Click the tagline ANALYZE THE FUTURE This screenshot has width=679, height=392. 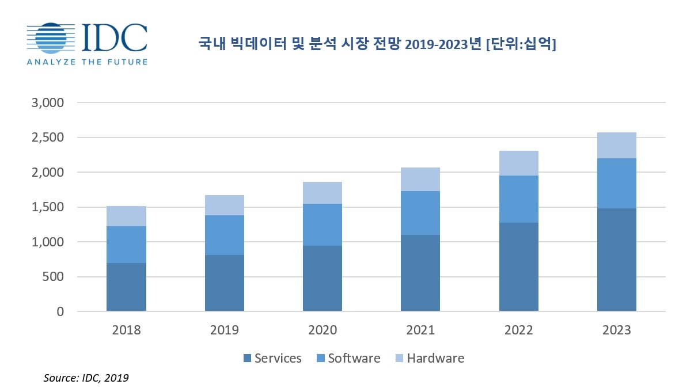coord(87,62)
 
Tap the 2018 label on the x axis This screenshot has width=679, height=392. coord(126,330)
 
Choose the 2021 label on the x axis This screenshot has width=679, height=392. coord(420,330)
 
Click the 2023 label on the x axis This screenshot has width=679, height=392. coord(616,330)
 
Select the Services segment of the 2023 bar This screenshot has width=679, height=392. coord(616,260)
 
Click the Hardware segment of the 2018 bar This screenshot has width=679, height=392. coord(126,216)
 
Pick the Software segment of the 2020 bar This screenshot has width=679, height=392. coord(323,224)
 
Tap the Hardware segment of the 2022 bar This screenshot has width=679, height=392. coord(518,163)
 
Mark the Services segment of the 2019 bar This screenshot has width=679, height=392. coord(224,283)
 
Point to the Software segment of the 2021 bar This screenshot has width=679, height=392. coord(420,212)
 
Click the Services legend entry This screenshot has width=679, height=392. coord(272,358)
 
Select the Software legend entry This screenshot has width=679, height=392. coord(348,358)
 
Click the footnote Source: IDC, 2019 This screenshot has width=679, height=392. coord(86,378)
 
